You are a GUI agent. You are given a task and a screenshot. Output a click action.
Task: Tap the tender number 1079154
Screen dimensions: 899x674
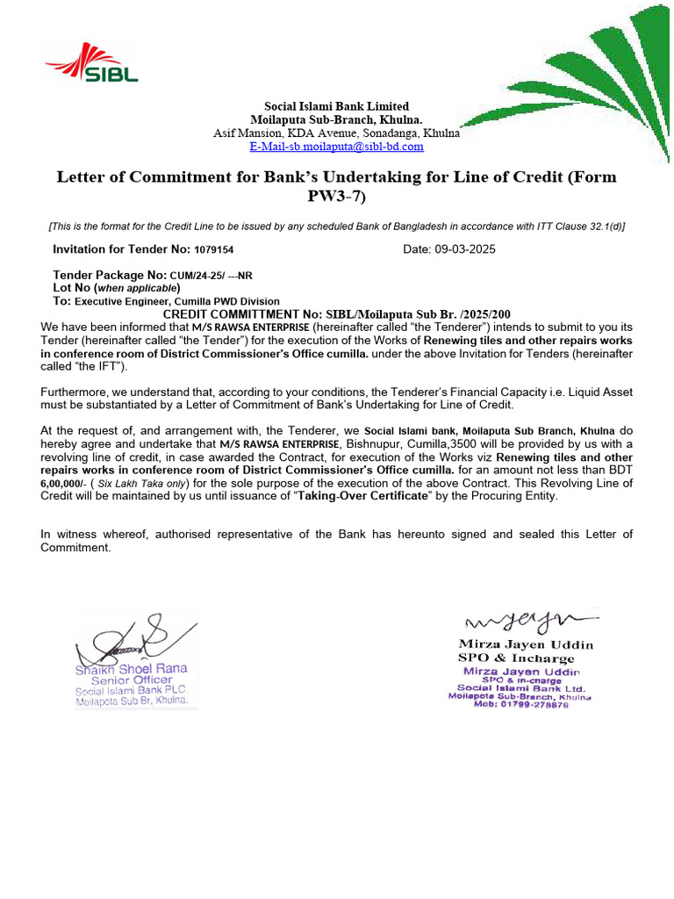click(x=214, y=250)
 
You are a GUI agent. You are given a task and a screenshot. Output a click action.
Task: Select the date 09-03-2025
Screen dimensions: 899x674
click(x=464, y=249)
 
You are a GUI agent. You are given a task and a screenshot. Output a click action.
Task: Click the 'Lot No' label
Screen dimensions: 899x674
click(x=72, y=287)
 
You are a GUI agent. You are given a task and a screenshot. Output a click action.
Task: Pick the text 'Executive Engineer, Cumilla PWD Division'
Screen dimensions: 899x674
click(x=176, y=301)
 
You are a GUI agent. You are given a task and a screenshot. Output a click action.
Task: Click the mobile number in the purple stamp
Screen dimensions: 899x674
click(x=520, y=704)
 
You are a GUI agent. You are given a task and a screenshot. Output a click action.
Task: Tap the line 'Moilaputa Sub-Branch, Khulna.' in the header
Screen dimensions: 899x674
click(x=337, y=119)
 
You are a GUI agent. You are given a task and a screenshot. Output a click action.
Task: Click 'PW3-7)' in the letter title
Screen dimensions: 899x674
click(x=337, y=197)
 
